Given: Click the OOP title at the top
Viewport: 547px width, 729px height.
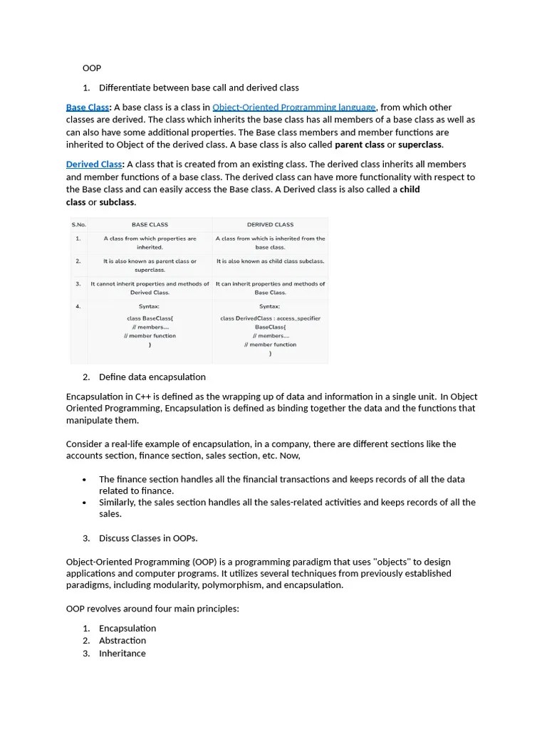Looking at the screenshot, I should pyautogui.click(x=92, y=68).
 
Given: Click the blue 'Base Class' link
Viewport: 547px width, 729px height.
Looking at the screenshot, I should pyautogui.click(x=87, y=107).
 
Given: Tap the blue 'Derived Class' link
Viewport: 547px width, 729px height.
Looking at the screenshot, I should pyautogui.click(x=93, y=164).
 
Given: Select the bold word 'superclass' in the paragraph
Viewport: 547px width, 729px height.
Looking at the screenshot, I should pyautogui.click(x=420, y=145).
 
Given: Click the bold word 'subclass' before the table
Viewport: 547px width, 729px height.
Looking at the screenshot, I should pyautogui.click(x=117, y=202).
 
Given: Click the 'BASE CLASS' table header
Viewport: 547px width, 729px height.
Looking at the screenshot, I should pyautogui.click(x=150, y=225).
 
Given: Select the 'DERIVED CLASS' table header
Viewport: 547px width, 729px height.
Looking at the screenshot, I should pyautogui.click(x=270, y=225).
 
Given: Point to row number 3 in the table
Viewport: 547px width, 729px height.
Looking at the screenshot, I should pyautogui.click(x=78, y=284).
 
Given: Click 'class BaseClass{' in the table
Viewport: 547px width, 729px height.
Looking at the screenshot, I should pyautogui.click(x=150, y=318).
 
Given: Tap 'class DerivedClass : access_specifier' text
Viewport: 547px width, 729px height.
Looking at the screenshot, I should pyautogui.click(x=270, y=318).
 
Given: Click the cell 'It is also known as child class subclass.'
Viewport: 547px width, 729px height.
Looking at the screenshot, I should pyautogui.click(x=270, y=261).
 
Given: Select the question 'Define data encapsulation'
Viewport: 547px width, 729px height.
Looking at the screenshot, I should pyautogui.click(x=152, y=377).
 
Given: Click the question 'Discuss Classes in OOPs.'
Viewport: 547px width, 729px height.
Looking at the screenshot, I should pyautogui.click(x=148, y=537).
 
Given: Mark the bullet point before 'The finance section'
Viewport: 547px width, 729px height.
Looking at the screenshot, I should pyautogui.click(x=85, y=480).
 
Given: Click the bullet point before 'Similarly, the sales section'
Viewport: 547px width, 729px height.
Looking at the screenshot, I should pyautogui.click(x=85, y=503).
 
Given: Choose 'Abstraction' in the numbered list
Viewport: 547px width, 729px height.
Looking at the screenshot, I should pyautogui.click(x=122, y=640).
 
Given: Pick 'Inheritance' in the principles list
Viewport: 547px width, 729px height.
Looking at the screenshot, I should pyautogui.click(x=122, y=653).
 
